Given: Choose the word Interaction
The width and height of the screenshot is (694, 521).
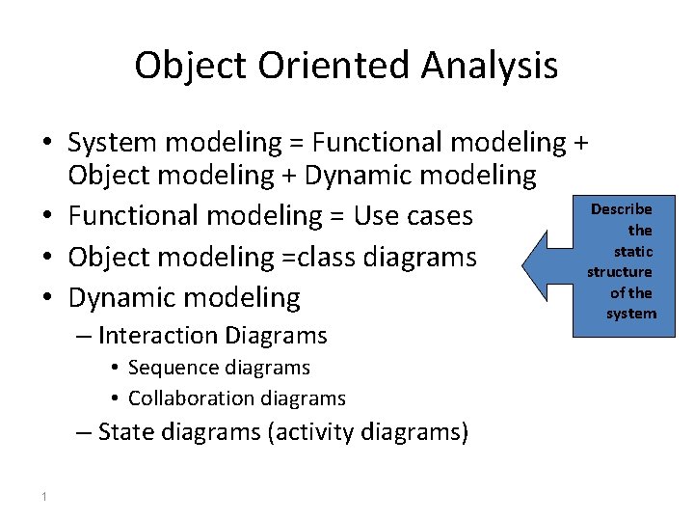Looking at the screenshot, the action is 158,336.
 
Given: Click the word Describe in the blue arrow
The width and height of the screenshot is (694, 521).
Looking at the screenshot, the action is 621,209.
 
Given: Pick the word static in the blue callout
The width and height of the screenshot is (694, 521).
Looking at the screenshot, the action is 633,251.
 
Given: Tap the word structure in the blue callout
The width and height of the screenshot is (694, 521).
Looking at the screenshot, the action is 620,272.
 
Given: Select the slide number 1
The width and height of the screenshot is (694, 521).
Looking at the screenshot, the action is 44,496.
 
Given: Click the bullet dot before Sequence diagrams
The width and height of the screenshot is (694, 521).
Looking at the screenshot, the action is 114,368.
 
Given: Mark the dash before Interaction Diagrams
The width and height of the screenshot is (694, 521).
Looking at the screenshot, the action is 84,336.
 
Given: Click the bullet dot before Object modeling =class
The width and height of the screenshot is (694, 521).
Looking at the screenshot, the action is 46,257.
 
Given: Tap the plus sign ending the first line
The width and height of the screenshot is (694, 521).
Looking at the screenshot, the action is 579,143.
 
